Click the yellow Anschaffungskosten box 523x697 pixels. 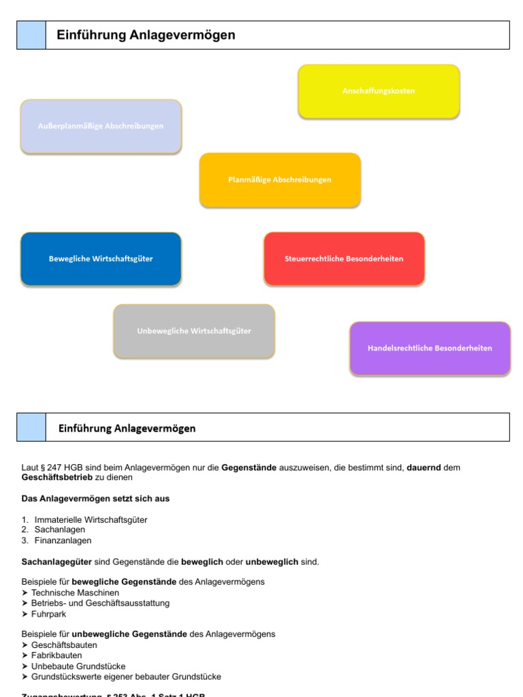tap(379, 91)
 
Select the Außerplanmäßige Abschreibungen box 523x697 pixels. tap(101, 126)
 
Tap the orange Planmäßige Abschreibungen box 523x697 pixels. tap(280, 180)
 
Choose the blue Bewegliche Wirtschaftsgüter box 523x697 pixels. tap(101, 259)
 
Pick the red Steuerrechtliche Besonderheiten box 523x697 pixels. tap(344, 259)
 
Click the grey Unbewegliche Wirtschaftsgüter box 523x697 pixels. tap(194, 331)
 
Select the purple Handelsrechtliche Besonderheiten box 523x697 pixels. tap(430, 348)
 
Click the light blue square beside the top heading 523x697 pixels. tap(31, 35)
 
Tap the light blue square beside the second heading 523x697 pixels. tap(31, 427)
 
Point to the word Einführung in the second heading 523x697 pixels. tap(84, 428)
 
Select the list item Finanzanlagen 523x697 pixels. tap(63, 540)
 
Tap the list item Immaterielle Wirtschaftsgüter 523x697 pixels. tap(91, 519)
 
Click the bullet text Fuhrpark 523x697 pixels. tap(48, 614)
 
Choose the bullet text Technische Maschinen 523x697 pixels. tap(75, 593)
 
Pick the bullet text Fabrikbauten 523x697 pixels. tap(57, 655)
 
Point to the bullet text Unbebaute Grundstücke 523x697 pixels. tap(78, 666)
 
